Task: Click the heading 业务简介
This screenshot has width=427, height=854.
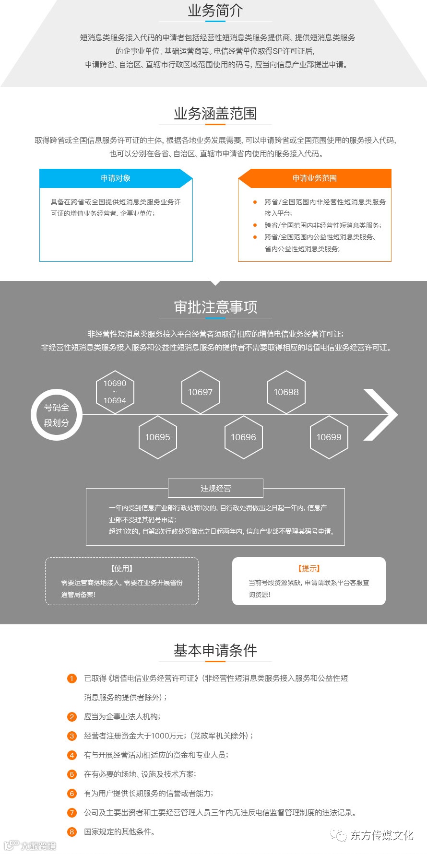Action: click(215, 11)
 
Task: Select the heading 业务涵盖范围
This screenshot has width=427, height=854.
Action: click(215, 114)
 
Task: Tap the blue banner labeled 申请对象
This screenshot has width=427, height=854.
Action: click(116, 178)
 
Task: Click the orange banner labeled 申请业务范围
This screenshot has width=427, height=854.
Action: click(315, 178)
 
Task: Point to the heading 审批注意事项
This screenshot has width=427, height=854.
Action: click(215, 307)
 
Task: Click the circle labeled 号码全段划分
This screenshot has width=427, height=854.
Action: click(57, 415)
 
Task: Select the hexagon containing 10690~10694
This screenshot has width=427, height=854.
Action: click(115, 392)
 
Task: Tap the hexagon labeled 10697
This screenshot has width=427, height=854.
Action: click(200, 392)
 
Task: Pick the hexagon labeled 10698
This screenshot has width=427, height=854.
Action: click(286, 392)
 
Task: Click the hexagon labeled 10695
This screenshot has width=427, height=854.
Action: click(157, 437)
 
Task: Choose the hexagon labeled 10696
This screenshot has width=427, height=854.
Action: click(243, 437)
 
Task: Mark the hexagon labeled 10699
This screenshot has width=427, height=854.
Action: click(329, 437)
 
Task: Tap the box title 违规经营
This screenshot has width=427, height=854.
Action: click(215, 488)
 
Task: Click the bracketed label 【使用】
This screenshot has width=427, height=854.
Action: click(122, 568)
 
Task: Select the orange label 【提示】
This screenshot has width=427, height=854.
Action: click(309, 568)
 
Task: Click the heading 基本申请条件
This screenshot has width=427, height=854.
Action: click(215, 650)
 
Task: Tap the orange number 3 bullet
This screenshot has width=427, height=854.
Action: click(72, 736)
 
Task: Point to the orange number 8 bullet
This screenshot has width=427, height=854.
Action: click(72, 831)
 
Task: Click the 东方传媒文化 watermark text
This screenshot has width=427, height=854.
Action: click(381, 835)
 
